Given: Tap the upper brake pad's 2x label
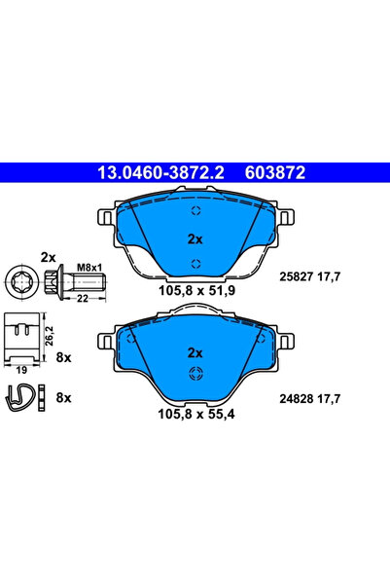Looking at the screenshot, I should (x=194, y=238).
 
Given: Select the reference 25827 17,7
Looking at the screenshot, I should (x=313, y=277).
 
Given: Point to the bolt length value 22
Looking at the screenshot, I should (x=83, y=299).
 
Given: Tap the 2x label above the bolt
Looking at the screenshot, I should (x=48, y=257).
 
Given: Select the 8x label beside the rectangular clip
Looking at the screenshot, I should (x=65, y=358).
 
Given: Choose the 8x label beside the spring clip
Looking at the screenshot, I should (x=65, y=397).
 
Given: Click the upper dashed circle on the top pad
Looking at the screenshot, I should (x=195, y=212).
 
